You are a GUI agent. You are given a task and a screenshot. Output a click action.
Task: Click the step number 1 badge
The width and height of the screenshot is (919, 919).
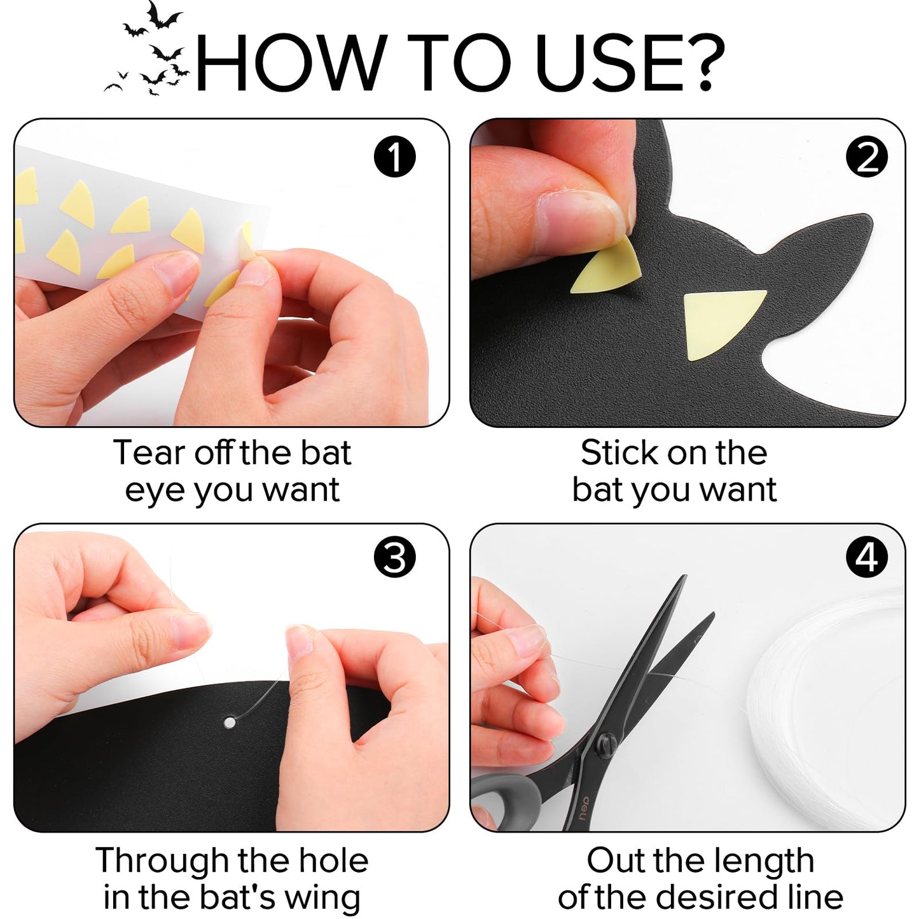394,157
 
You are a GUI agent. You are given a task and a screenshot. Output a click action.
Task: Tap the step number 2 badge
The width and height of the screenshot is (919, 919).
867,157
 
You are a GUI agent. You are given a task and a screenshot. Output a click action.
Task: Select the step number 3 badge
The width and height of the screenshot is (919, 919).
394,558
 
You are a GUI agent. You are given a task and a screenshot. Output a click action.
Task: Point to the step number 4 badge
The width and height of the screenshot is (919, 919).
867,558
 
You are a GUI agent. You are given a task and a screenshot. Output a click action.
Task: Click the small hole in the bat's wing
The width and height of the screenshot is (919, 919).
230,722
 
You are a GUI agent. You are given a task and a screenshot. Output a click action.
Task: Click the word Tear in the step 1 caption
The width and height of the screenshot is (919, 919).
150,453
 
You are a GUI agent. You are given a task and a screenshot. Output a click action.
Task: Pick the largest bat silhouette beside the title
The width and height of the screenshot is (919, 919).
163,16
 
